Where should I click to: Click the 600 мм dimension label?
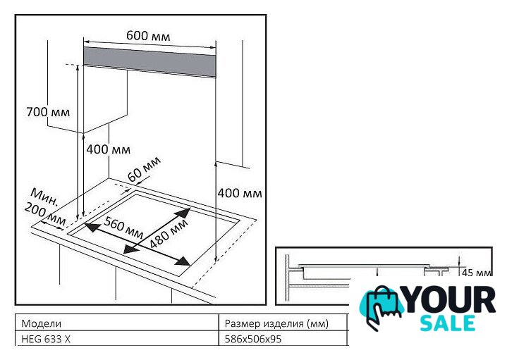click(148, 35)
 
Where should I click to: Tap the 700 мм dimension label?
click(48, 112)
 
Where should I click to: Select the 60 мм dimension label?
click(144, 169)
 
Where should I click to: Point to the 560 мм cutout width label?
click(123, 228)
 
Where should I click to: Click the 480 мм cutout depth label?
click(169, 233)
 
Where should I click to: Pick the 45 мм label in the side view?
click(477, 273)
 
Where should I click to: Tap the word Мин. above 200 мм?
click(45, 197)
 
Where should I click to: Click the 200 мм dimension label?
click(45, 214)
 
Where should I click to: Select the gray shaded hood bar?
click(149, 62)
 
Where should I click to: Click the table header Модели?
click(41, 323)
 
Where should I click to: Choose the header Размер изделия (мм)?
click(276, 323)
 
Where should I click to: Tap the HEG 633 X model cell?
click(46, 339)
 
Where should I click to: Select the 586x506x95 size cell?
click(253, 339)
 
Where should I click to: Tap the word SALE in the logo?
click(448, 323)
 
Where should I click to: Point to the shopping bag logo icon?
click(381, 307)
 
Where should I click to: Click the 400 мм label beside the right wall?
click(240, 193)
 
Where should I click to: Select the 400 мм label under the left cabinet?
click(109, 149)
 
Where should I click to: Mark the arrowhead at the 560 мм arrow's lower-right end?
click(182, 261)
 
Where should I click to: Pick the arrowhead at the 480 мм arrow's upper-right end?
click(183, 213)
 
